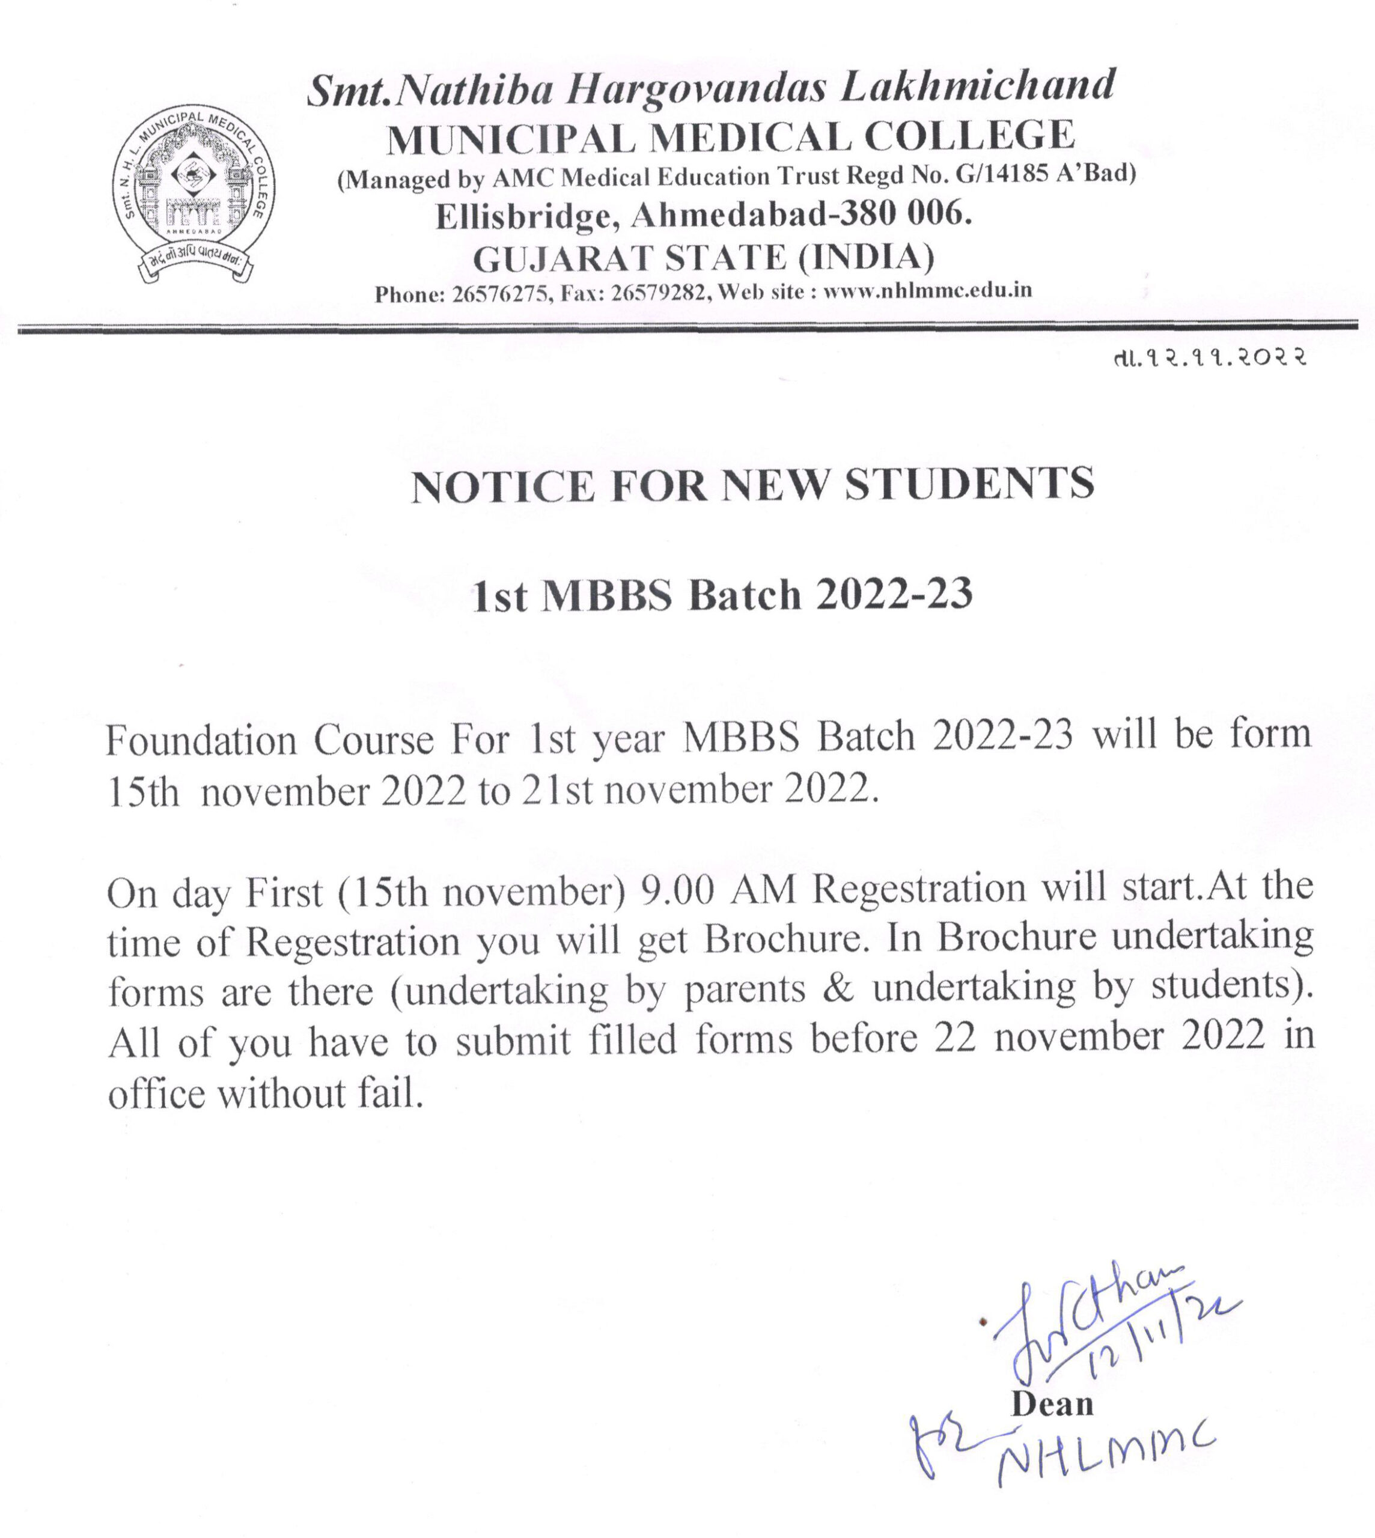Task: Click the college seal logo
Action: pos(194,193)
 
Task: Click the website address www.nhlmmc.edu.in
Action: pos(927,291)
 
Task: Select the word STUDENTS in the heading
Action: pos(969,484)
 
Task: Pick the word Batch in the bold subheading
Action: pos(744,595)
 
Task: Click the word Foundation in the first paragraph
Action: pos(201,740)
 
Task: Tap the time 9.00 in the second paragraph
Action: pos(677,890)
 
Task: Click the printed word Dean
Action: pos(1052,1403)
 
